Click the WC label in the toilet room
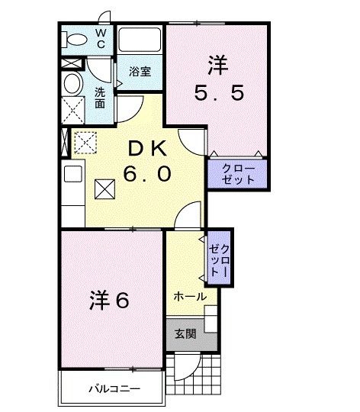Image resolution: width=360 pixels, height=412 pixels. (x=100, y=39)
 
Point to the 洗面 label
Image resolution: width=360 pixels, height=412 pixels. (x=101, y=98)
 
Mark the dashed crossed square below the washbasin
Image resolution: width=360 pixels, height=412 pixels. (x=75, y=111)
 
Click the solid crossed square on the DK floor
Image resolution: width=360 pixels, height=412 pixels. (x=104, y=187)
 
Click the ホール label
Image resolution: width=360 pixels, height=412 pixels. (x=188, y=296)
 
